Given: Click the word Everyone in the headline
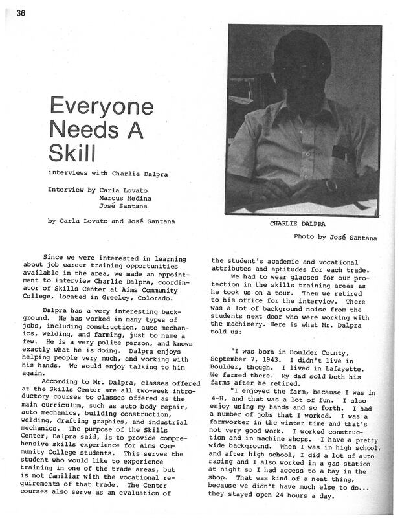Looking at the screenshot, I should pos(96,106).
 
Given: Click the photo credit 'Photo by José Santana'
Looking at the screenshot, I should pos(335,237).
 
